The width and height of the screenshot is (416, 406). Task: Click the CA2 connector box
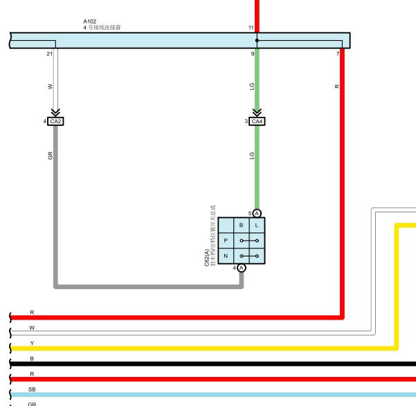click(56, 122)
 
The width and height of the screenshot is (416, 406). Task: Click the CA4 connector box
click(257, 122)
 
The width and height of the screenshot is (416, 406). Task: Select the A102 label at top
click(90, 21)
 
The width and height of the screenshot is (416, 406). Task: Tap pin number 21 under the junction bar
click(49, 53)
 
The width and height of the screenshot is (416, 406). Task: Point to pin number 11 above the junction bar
click(251, 28)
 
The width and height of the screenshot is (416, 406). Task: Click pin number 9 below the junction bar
click(252, 53)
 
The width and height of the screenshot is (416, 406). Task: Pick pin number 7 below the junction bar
click(338, 53)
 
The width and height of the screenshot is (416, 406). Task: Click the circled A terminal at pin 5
click(257, 213)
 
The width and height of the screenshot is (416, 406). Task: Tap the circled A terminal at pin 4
click(242, 268)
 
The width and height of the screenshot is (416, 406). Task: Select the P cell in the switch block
click(226, 240)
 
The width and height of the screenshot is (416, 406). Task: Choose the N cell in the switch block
click(226, 256)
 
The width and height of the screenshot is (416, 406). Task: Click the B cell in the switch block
click(241, 225)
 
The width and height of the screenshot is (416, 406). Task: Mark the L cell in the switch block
click(257, 225)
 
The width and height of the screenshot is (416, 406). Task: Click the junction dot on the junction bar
click(257, 40)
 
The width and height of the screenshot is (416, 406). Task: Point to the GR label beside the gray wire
click(51, 156)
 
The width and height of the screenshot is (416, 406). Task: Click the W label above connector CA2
click(50, 86)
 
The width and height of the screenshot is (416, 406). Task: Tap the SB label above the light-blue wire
click(32, 389)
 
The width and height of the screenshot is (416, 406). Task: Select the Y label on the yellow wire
click(32, 342)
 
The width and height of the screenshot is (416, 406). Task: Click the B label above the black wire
click(32, 358)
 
